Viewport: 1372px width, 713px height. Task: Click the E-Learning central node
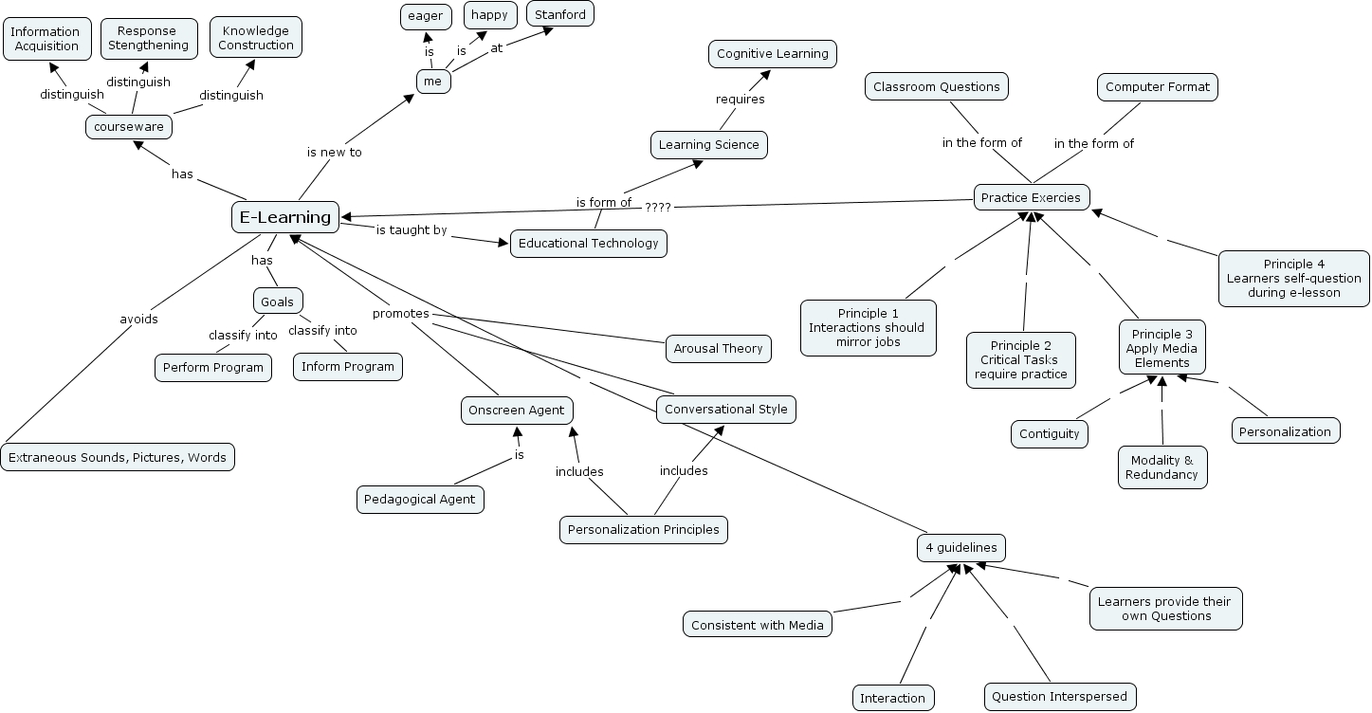[285, 217]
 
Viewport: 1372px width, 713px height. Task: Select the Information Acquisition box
[46, 39]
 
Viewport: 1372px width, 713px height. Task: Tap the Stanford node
[561, 14]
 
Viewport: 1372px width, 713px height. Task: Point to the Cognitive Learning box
[773, 54]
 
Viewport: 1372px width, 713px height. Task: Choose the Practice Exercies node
[1032, 197]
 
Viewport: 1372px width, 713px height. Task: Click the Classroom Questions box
[937, 87]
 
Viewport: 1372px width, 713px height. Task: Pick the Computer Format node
[1158, 87]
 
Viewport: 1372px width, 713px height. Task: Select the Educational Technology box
[589, 244]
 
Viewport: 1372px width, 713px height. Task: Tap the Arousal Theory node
[718, 349]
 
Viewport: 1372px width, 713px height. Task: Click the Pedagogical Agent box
[421, 500]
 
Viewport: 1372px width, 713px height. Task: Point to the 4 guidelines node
[961, 548]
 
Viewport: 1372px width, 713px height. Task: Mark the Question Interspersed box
[1059, 697]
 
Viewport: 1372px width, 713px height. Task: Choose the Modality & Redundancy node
[1162, 467]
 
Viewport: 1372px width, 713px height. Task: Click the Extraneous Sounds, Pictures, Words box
[118, 458]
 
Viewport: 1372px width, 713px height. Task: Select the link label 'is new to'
[334, 152]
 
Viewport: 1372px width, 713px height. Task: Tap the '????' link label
[658, 207]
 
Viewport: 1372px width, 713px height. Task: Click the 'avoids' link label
[139, 320]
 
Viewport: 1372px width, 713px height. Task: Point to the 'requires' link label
[740, 99]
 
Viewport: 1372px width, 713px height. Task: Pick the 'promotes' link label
[400, 314]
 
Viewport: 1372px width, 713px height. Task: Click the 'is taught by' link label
[411, 230]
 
